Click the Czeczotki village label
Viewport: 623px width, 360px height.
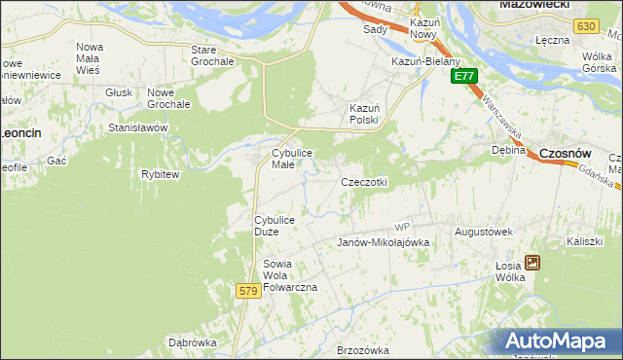point(364,182)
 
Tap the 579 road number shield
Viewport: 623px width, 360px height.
point(247,291)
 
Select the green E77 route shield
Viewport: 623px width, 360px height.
point(464,76)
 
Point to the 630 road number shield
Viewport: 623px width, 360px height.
point(585,26)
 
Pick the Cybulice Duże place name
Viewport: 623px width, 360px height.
point(280,226)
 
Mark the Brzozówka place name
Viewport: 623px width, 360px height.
point(362,350)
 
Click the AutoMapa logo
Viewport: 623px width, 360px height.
point(557,341)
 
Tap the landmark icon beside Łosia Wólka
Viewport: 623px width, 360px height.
point(532,262)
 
